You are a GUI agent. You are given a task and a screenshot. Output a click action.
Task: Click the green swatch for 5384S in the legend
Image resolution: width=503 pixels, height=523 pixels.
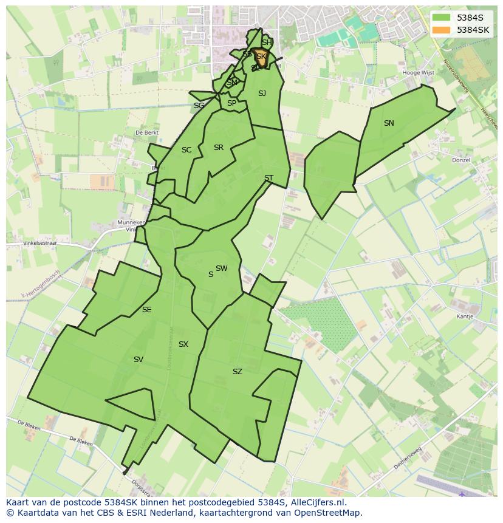[442, 18]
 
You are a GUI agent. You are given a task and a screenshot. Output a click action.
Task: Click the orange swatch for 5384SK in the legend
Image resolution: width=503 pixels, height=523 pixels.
[442, 30]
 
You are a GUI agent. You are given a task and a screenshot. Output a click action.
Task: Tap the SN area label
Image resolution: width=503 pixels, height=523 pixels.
[389, 123]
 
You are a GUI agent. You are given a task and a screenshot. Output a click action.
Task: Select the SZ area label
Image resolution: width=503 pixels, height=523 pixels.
[237, 372]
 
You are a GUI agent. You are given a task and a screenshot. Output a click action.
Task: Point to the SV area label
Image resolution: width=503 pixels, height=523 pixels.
[139, 360]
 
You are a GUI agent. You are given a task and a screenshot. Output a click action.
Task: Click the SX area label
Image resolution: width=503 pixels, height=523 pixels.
[183, 344]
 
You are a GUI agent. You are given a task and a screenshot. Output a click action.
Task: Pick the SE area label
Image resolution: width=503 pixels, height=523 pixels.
[146, 310]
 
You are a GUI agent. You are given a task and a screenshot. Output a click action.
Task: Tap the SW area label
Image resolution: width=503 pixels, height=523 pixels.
[221, 268]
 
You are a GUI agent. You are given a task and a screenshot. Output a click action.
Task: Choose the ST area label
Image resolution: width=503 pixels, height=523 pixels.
[269, 178]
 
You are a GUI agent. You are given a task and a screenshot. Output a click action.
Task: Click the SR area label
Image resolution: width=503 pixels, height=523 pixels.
[219, 148]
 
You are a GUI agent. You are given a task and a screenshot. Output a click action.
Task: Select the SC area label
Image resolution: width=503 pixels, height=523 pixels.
[186, 150]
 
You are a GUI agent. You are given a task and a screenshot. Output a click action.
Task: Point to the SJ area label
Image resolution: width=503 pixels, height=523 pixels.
[262, 94]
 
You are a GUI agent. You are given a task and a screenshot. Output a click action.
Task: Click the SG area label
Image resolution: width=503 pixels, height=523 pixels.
[199, 106]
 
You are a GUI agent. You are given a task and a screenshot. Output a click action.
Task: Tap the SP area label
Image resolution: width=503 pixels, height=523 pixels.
[231, 103]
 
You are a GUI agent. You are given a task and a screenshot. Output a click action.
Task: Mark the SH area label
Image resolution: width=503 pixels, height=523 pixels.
[267, 43]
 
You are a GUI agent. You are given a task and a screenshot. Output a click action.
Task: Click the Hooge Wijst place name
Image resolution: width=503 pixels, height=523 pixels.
[419, 73]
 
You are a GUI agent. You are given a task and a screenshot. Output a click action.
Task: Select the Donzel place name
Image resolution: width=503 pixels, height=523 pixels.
[461, 160]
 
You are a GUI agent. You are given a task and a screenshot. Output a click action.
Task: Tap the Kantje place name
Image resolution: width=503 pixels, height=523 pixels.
[465, 316]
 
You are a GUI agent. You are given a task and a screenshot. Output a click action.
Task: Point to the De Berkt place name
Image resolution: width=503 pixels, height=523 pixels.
[147, 132]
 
